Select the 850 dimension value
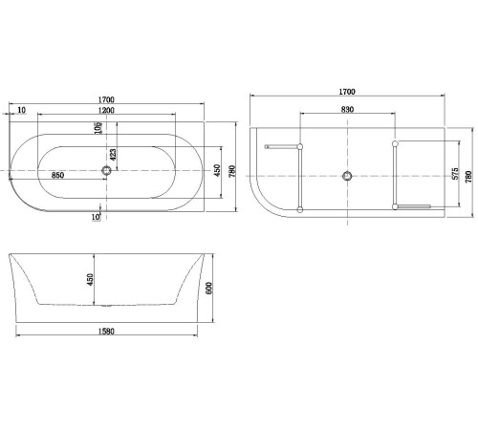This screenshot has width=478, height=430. coord(57,176)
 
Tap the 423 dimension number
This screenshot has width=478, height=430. coord(113,153)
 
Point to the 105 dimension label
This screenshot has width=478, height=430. coord(98,129)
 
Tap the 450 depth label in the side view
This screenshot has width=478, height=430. coord(92,280)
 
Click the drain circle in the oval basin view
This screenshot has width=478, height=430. coord(106,172)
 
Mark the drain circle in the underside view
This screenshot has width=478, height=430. coord(347,176)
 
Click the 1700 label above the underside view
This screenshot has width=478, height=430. coord(347,92)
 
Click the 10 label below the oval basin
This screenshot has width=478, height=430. coord(97,217)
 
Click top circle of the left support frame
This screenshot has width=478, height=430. coord(300,146)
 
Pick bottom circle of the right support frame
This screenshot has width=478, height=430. coord(394,206)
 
